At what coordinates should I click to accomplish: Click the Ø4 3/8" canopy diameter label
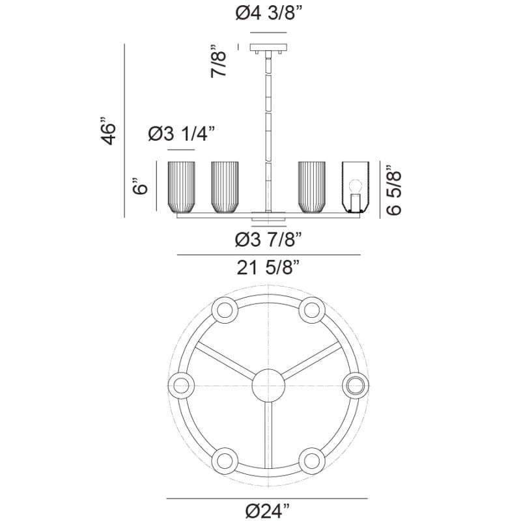[x=270, y=13]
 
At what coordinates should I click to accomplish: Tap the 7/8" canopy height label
[x=219, y=61]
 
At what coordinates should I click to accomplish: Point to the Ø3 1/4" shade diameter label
[x=182, y=134]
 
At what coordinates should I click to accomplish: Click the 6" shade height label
[x=140, y=186]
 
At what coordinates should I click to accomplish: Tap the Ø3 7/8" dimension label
[x=269, y=239]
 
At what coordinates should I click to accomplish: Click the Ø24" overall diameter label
[x=268, y=510]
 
